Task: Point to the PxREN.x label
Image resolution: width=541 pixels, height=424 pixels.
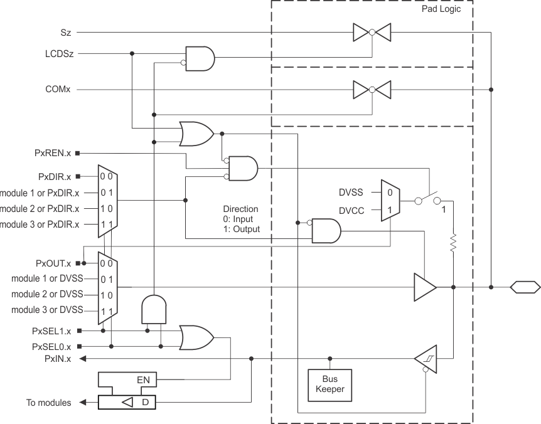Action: [x=53, y=153]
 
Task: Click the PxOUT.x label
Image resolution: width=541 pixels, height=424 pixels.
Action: [x=53, y=263]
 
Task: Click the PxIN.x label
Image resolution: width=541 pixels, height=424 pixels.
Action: [x=58, y=359]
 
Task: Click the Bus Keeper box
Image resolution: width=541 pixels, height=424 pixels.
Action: [x=329, y=384]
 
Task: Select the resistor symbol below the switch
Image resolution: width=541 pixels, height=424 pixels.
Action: [x=453, y=243]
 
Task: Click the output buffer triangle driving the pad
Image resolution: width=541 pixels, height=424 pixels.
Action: [x=424, y=287]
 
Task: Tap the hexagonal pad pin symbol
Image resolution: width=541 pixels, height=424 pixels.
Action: [x=523, y=287]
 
